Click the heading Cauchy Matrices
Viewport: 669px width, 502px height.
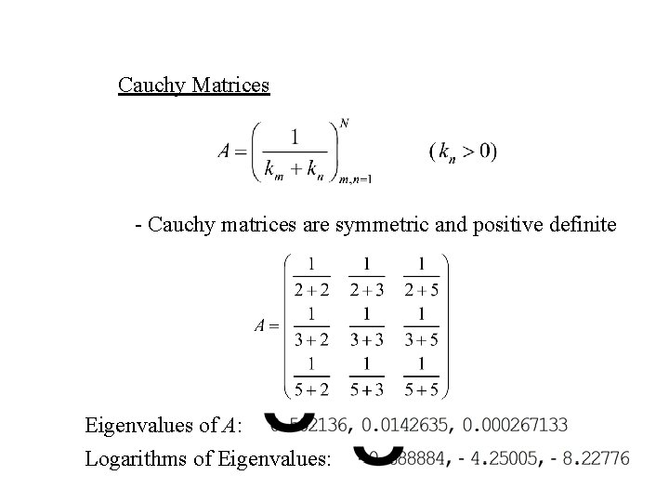click(193, 86)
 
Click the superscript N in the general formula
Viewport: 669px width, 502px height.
click(345, 123)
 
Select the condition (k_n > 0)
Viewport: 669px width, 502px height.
click(463, 150)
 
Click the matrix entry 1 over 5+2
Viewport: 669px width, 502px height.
click(311, 376)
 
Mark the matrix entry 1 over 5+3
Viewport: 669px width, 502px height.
click(367, 376)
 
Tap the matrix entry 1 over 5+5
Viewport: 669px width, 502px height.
click(422, 376)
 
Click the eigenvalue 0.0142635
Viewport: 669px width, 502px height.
click(408, 425)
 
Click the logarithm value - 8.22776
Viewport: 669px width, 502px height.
click(588, 457)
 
